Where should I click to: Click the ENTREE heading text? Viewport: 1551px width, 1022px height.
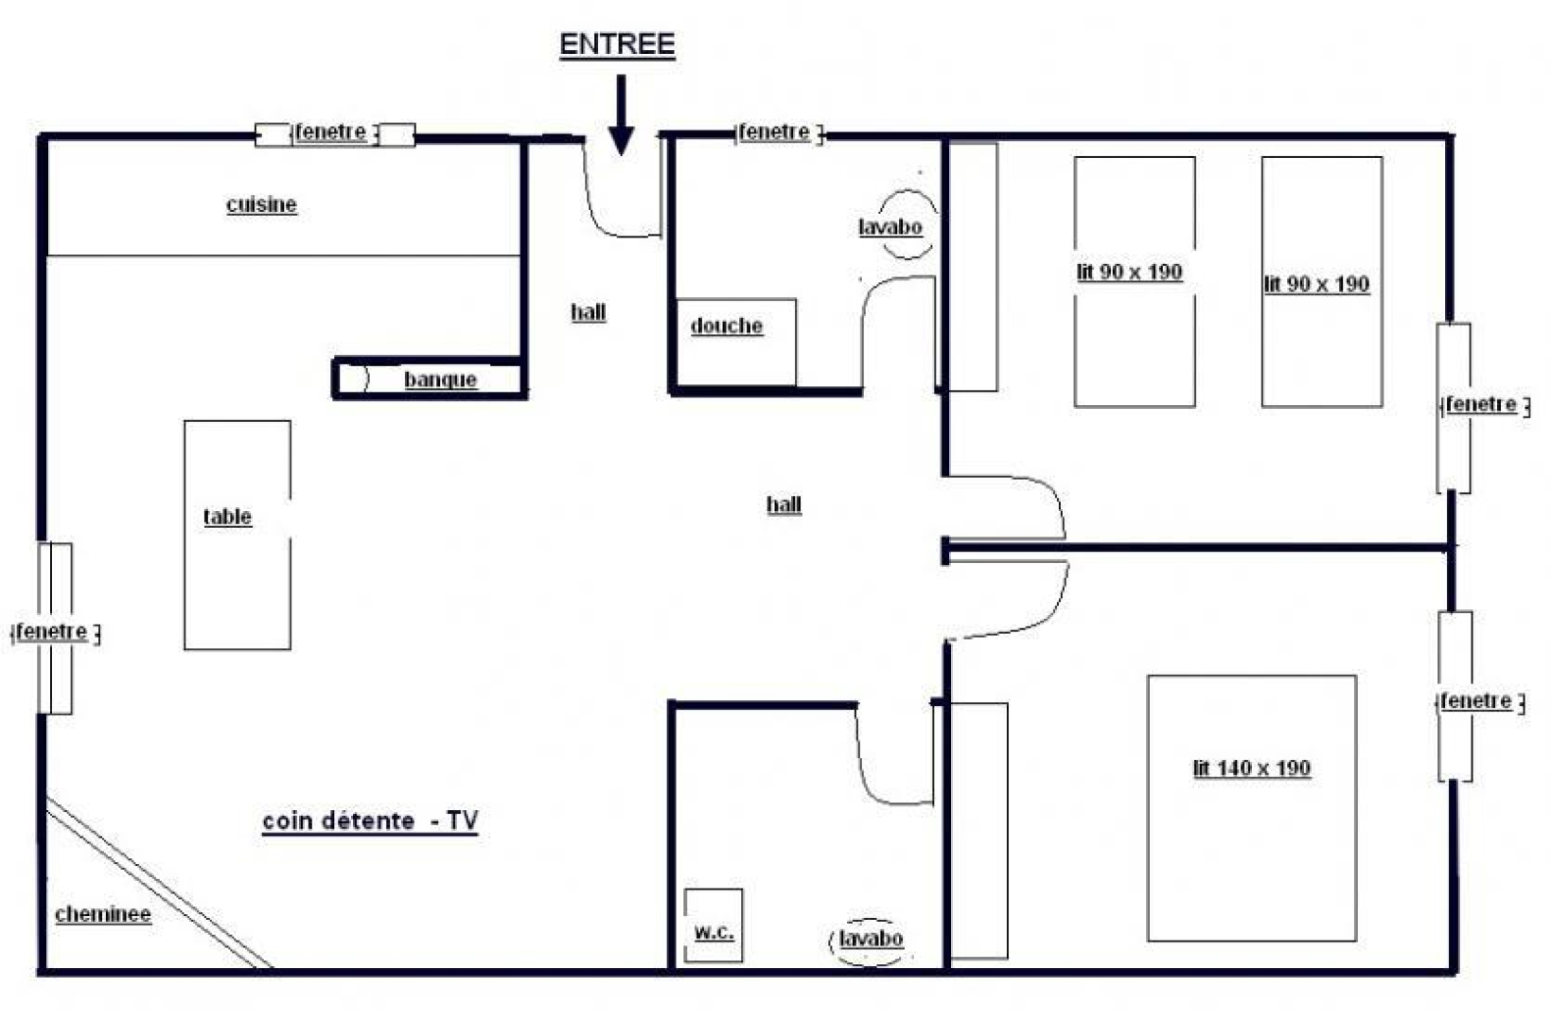pyautogui.click(x=617, y=44)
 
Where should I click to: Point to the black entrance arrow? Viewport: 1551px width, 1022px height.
pyautogui.click(x=621, y=115)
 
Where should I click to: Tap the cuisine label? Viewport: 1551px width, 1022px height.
pyautogui.click(x=262, y=205)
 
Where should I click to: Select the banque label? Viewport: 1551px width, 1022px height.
pyautogui.click(x=440, y=380)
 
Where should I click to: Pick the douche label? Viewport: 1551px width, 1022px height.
pyautogui.click(x=727, y=326)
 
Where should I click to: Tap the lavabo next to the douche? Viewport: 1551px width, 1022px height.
pyautogui.click(x=890, y=227)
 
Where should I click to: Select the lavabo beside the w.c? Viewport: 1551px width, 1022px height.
pyautogui.click(x=871, y=939)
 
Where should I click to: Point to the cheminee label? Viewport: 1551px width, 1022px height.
pyautogui.click(x=103, y=914)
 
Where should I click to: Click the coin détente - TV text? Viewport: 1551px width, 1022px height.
pyautogui.click(x=370, y=821)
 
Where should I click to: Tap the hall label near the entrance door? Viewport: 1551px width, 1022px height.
pyautogui.click(x=589, y=313)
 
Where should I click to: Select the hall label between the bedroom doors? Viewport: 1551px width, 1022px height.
pyautogui.click(x=784, y=504)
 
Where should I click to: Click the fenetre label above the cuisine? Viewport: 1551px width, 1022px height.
pyautogui.click(x=331, y=132)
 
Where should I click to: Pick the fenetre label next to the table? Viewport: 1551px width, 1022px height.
pyautogui.click(x=52, y=631)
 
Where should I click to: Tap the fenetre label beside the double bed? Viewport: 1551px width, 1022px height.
pyautogui.click(x=1476, y=700)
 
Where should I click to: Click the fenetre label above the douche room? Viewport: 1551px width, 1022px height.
pyautogui.click(x=774, y=132)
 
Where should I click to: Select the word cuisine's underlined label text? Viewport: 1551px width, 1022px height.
pyautogui.click(x=262, y=205)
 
